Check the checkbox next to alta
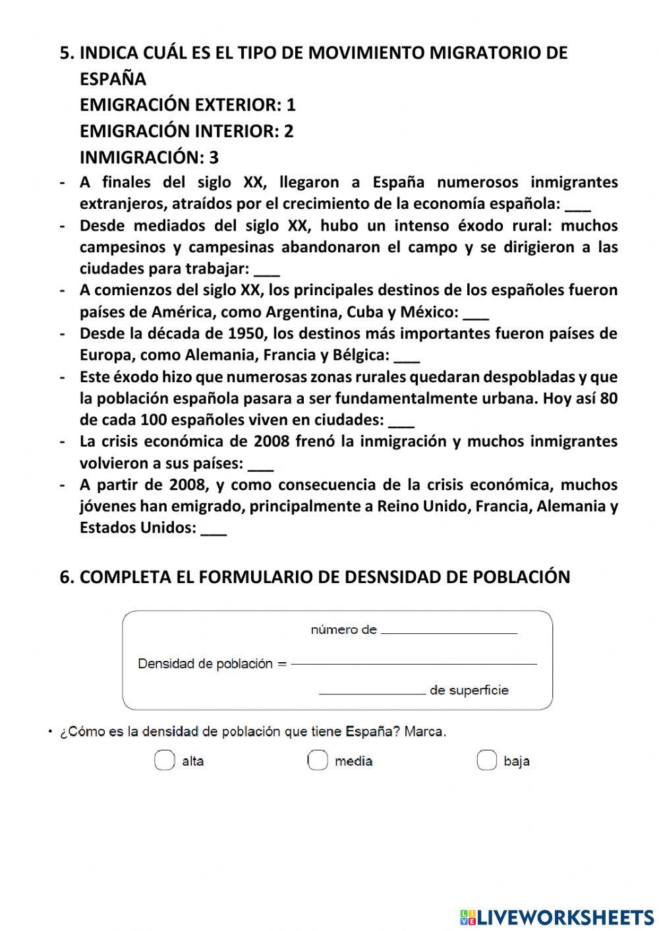point(164,760)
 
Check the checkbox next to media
point(317,760)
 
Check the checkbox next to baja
point(486,760)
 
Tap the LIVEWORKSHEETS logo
point(556,917)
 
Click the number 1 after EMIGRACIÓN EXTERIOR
point(291,105)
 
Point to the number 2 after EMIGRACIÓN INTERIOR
point(289,131)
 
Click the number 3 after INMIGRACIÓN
point(214,157)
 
